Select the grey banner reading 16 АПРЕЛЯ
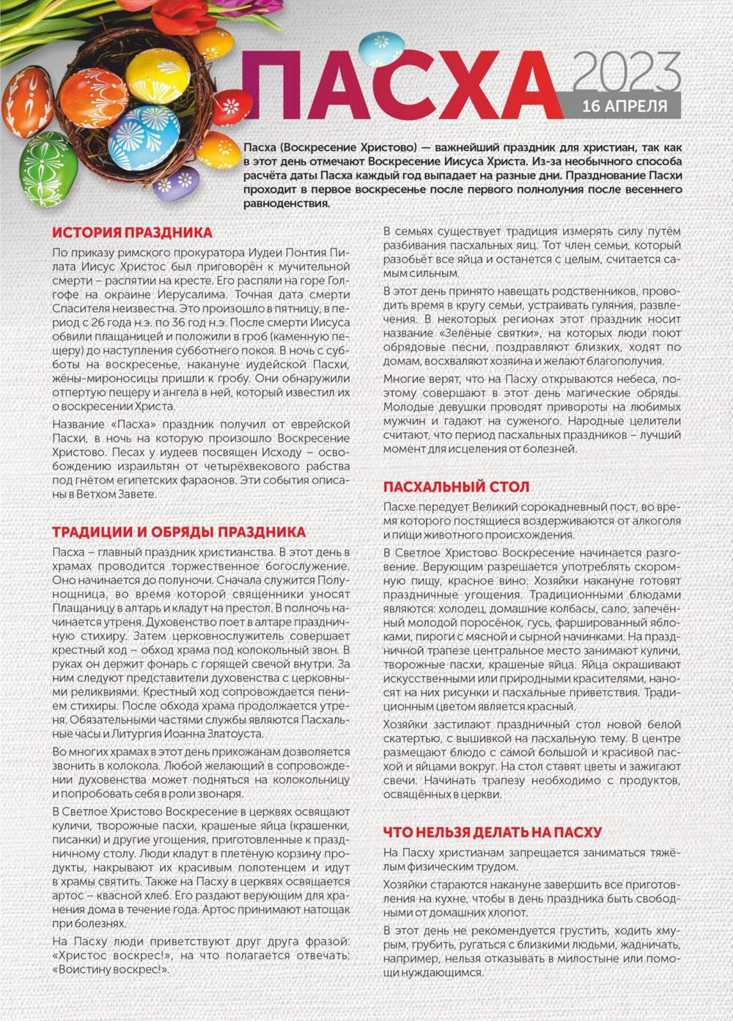coord(625,106)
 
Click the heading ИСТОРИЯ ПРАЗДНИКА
coord(133,233)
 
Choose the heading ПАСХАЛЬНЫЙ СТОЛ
coord(456,487)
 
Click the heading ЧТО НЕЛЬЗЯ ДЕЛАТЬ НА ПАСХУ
coord(493,832)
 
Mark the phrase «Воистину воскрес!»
coord(111,970)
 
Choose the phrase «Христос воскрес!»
coord(111,956)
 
